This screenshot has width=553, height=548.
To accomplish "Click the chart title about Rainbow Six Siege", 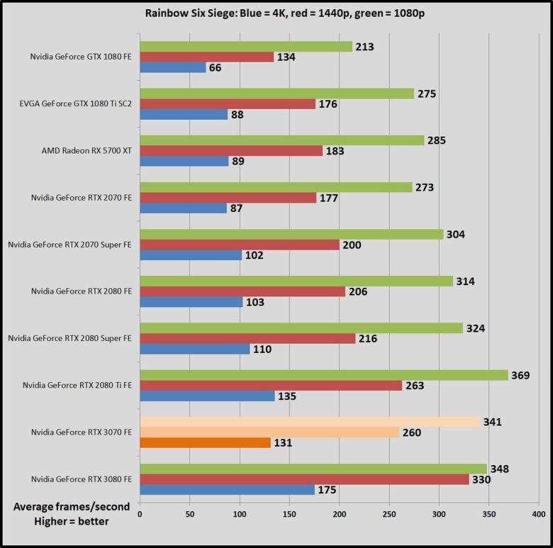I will pyautogui.click(x=276, y=13).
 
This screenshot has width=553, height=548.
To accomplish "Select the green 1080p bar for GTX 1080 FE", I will pyautogui.click(x=246, y=47).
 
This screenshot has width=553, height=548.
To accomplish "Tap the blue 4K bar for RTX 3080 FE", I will pyautogui.click(x=228, y=490).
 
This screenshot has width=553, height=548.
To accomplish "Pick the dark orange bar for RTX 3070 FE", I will pyautogui.click(x=205, y=443).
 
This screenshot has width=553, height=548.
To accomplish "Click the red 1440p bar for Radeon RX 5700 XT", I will pyautogui.click(x=231, y=151).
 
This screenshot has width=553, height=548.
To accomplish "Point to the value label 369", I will pyautogui.click(x=521, y=375).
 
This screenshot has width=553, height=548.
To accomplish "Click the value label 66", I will pyautogui.click(x=217, y=67).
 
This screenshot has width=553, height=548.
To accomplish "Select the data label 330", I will pyautogui.click(x=484, y=479).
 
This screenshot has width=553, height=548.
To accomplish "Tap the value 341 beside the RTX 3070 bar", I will pyautogui.click(x=492, y=422).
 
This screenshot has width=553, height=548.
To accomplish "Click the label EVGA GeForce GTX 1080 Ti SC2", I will pyautogui.click(x=75, y=104).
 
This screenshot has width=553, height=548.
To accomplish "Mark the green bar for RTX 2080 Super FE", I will pyautogui.click(x=301, y=328).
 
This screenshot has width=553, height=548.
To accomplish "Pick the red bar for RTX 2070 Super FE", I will pyautogui.click(x=240, y=245).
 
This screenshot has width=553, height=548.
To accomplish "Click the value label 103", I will pyautogui.click(x=255, y=302).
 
